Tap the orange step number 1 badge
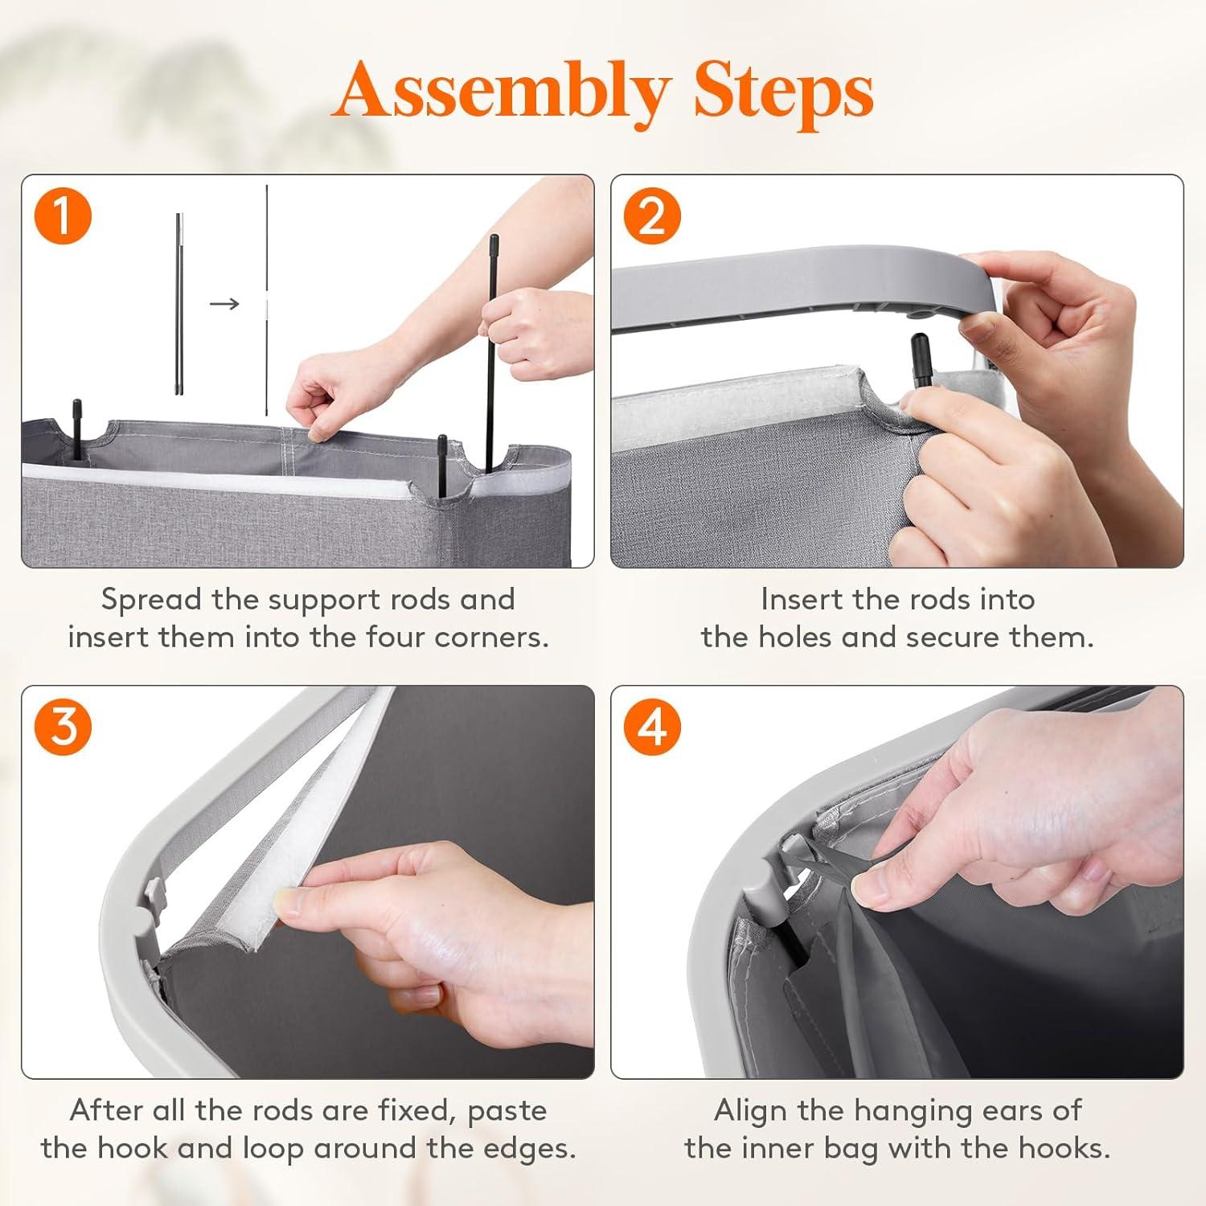point(64,217)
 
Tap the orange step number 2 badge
point(652,217)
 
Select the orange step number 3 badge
point(64,728)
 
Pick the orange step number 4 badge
point(652,728)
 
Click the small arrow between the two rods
point(224,303)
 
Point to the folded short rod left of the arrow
point(179,304)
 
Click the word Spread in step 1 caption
point(152,600)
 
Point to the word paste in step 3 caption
point(507,1111)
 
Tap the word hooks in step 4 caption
point(1064,1148)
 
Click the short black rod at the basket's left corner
point(77,429)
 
